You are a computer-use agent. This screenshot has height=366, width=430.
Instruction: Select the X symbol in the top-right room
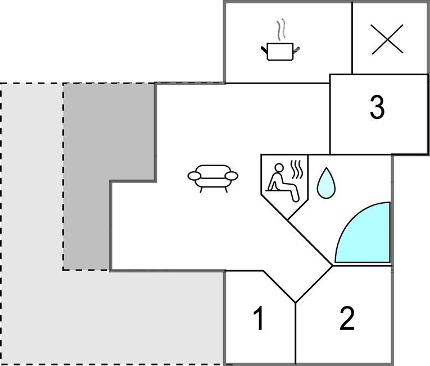(388, 39)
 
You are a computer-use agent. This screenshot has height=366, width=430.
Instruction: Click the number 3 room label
(377, 107)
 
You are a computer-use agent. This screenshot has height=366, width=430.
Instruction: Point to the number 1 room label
(258, 319)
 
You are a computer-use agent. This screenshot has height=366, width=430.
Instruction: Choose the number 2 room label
(347, 319)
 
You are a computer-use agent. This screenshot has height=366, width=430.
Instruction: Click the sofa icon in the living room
(212, 176)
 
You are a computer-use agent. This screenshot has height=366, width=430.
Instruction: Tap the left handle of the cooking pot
(264, 50)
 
